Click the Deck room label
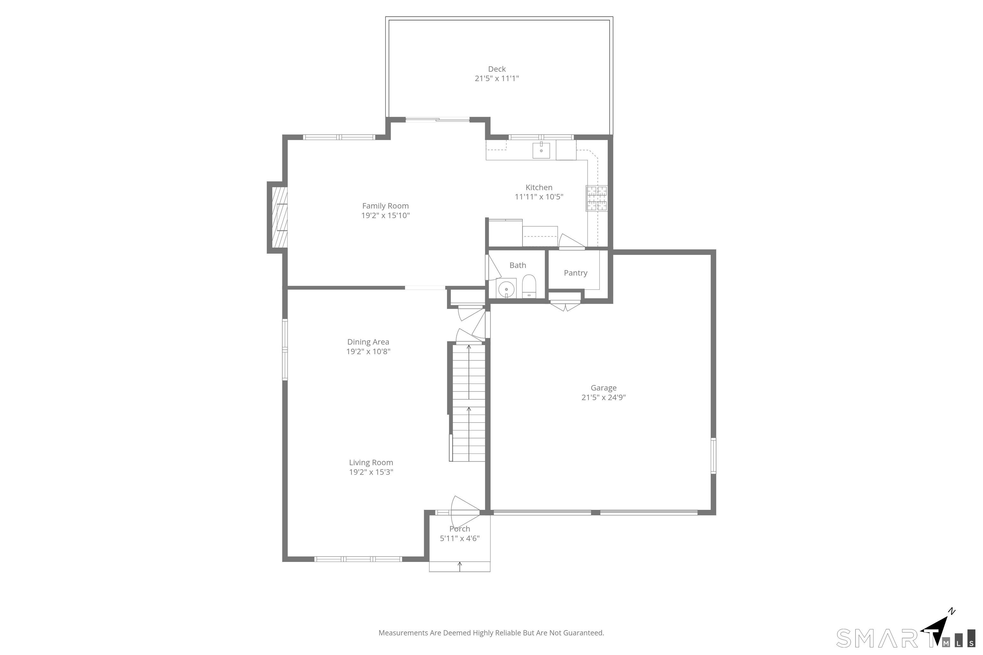(497, 69)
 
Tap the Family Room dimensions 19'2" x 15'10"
(385, 216)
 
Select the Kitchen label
(539, 187)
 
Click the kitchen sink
(541, 150)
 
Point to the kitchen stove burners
(596, 198)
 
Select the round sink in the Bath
(506, 289)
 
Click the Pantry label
(576, 273)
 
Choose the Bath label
(517, 265)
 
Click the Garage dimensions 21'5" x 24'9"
(603, 397)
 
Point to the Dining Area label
(368, 342)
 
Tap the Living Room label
(371, 462)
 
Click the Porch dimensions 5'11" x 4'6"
(460, 539)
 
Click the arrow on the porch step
(460, 566)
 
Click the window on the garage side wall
(714, 456)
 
